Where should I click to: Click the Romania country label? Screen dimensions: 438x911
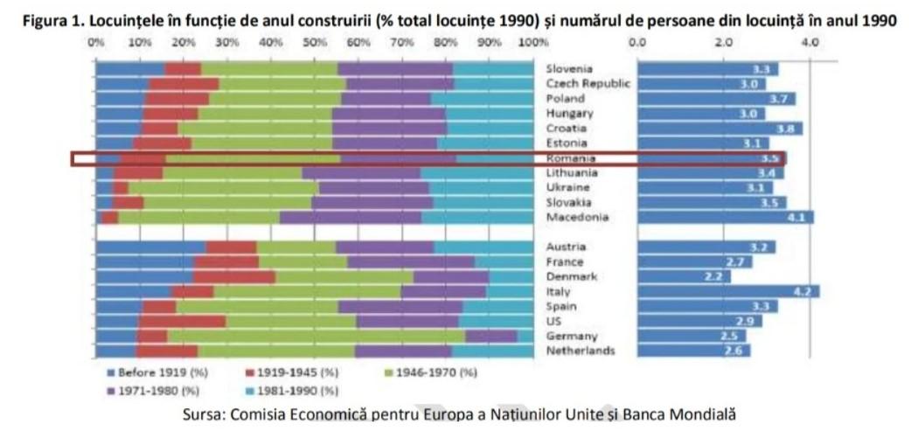(x=571, y=158)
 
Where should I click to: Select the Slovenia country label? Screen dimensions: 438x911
(x=569, y=68)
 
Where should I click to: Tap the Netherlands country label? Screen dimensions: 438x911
(x=581, y=351)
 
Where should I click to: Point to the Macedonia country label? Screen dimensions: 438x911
(x=577, y=217)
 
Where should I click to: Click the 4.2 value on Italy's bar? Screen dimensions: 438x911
(x=802, y=291)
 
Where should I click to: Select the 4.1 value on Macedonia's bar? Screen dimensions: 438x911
(x=796, y=217)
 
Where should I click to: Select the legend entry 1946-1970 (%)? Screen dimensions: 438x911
(x=434, y=372)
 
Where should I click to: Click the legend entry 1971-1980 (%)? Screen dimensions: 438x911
(x=154, y=390)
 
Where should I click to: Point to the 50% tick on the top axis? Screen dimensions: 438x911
(x=315, y=42)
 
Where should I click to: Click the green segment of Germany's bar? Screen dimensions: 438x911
(x=316, y=336)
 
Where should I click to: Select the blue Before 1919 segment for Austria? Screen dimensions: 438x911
(x=150, y=247)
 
